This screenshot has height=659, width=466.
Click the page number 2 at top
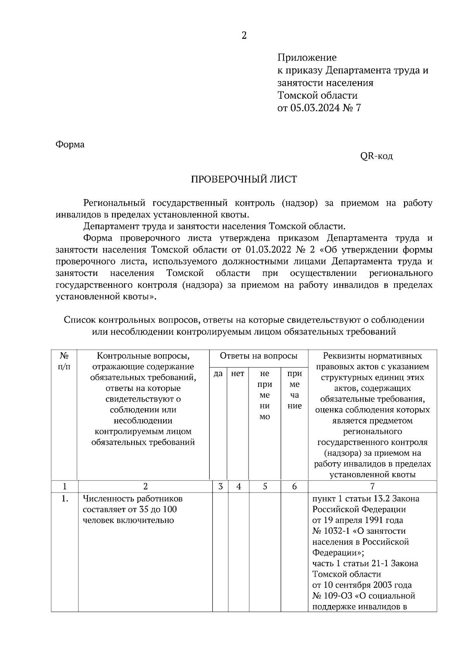coord(244,36)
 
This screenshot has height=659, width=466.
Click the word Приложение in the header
coord(307,58)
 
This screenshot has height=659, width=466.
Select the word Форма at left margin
coord(70,144)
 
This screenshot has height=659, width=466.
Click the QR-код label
coord(376,156)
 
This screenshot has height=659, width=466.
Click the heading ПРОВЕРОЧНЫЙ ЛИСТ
coord(244,179)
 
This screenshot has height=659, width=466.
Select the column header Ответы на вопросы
coord(259,356)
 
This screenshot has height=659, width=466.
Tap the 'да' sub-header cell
coord(218,373)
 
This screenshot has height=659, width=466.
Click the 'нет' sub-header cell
coord(238,373)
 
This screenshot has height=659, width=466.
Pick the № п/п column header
coord(64,361)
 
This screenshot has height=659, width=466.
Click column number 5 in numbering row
coord(264,486)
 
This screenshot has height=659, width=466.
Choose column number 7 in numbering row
coord(372,486)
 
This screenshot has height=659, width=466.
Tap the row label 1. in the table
coord(64,499)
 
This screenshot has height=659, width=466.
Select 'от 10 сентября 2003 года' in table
coord(362,585)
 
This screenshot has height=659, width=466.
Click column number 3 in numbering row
coord(220,486)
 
